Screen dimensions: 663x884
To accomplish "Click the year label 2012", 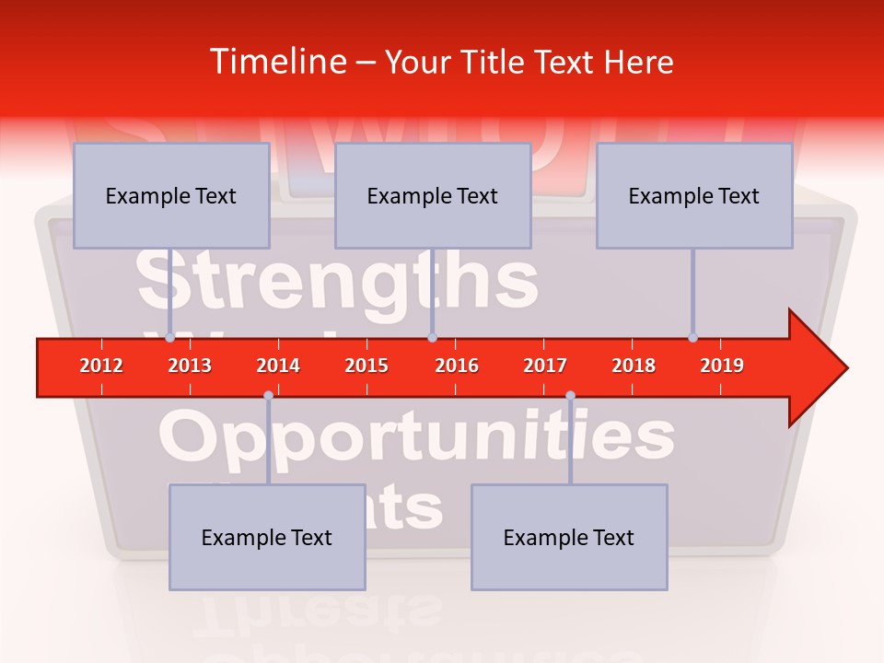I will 101,366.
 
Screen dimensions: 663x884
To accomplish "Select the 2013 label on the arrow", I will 190,366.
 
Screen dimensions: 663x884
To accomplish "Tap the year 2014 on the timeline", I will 278,366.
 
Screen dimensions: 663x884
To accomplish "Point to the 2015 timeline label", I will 366,366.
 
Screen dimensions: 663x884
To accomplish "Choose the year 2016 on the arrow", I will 457,366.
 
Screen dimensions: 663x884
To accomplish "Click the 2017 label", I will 545,366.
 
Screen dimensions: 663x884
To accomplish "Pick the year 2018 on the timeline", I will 634,366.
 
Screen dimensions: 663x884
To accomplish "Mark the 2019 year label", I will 722,366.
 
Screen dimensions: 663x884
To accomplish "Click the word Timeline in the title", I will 276,62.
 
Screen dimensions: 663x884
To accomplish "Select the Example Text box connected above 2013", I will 171,195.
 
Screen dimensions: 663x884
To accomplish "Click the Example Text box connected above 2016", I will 433,195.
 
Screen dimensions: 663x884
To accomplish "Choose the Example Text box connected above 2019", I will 694,195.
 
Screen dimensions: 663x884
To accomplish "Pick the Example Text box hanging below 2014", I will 267,537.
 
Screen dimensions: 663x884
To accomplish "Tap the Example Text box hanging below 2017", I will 569,537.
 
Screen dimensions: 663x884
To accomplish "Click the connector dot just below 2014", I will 268,396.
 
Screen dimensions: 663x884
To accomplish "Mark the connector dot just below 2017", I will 570,396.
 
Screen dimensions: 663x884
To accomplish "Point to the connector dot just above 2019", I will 692,337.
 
